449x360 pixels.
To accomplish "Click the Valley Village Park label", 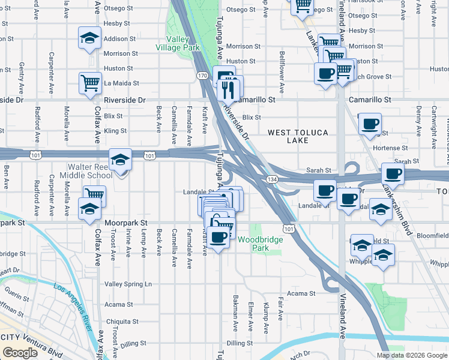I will pyautogui.click(x=177, y=43).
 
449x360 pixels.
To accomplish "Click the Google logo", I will pyautogui.click(x=20, y=353).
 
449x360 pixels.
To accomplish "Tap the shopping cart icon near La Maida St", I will pyautogui.click(x=90, y=82).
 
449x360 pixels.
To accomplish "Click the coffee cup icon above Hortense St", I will pyautogui.click(x=370, y=124).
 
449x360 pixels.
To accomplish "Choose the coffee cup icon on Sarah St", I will pyautogui.click(x=393, y=173).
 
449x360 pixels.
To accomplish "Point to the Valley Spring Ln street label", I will pyautogui.click(x=128, y=284).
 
